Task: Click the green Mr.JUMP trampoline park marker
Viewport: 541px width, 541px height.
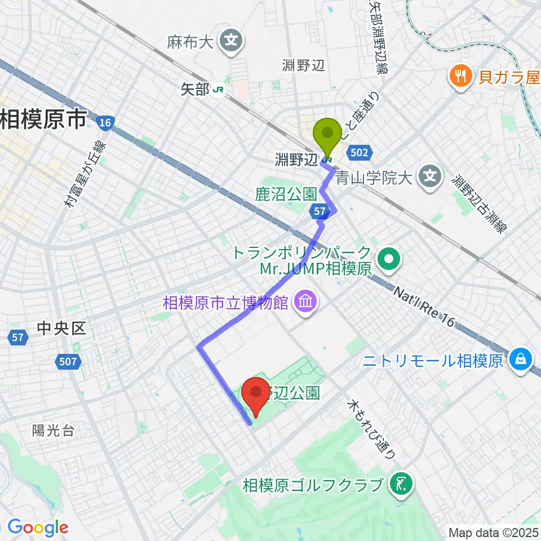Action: (388, 260)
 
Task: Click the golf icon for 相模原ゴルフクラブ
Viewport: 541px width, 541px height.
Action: (402, 484)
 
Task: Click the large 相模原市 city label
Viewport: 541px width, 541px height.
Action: (43, 119)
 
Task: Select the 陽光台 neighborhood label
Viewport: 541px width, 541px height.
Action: (54, 431)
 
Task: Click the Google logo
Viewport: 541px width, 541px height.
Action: (37, 527)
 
